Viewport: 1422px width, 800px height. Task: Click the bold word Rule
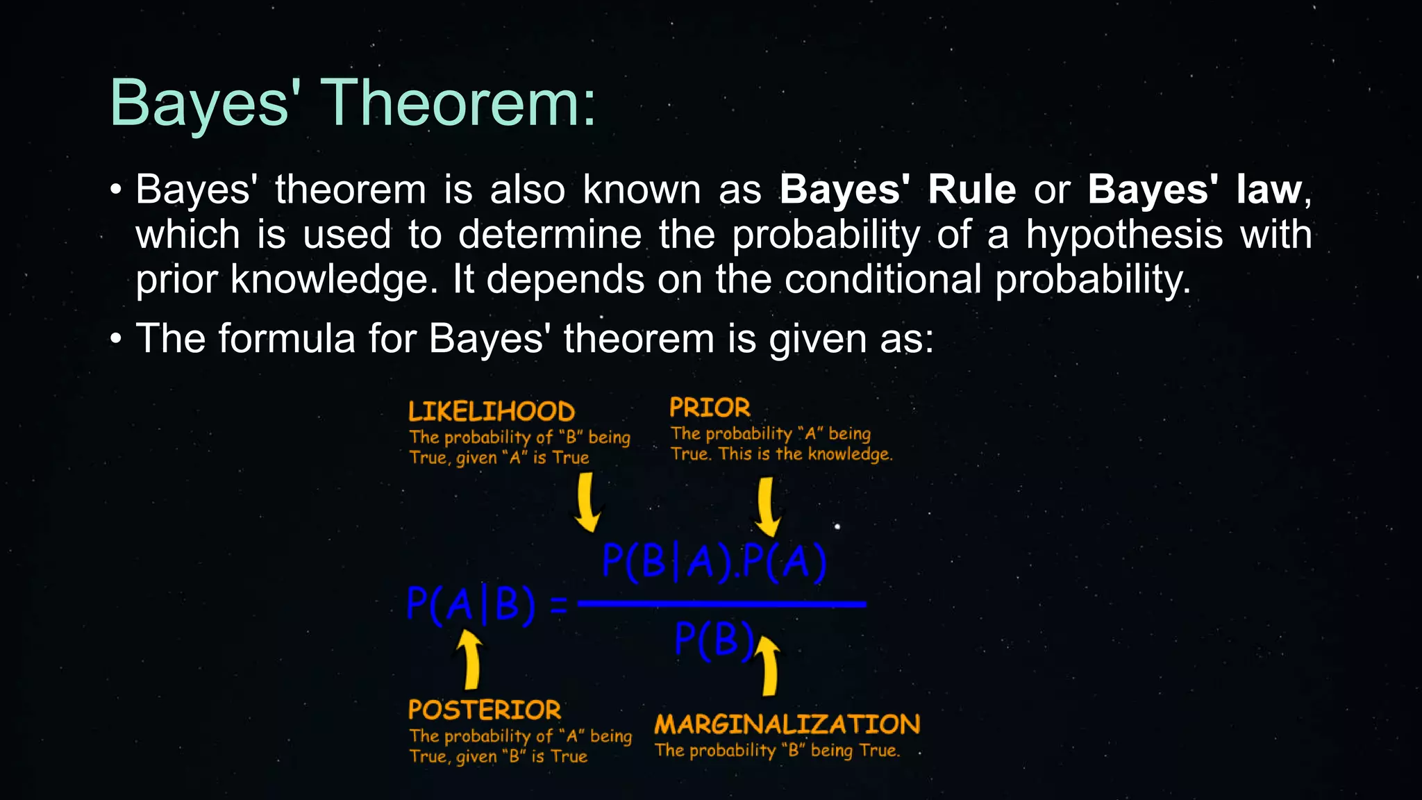(971, 190)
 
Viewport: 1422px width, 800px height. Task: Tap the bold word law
(1268, 190)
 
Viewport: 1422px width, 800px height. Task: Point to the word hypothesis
(1124, 235)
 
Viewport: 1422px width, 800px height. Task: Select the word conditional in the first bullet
(883, 279)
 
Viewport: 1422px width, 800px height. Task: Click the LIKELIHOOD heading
(491, 412)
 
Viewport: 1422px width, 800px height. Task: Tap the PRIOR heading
(709, 408)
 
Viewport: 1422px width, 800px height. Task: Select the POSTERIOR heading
(484, 710)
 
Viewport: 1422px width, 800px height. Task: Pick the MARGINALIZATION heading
(787, 724)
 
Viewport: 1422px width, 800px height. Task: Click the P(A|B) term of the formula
(471, 604)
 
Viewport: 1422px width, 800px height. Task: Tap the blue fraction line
(721, 604)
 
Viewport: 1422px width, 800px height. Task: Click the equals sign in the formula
(558, 605)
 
